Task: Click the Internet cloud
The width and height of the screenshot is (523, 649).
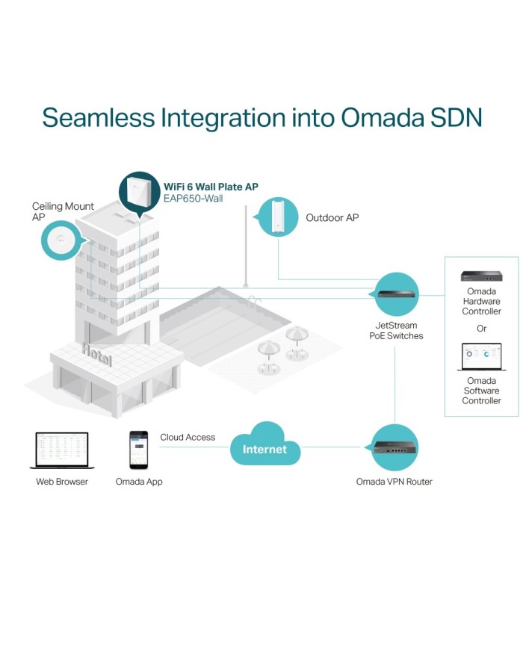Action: (x=264, y=449)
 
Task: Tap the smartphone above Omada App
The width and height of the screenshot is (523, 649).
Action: (x=138, y=450)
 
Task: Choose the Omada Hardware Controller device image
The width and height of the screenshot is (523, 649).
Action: (x=481, y=276)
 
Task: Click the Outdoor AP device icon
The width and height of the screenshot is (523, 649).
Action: (x=278, y=217)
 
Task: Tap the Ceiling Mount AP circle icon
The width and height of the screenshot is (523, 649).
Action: (x=60, y=239)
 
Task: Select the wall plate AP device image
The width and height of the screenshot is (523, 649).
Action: (x=139, y=190)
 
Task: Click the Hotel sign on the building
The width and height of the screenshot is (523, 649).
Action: (x=97, y=355)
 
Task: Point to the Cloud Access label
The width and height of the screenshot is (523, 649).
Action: (x=188, y=438)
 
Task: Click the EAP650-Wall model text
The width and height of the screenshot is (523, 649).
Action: (x=193, y=199)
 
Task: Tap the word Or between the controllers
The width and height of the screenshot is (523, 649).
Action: (x=481, y=329)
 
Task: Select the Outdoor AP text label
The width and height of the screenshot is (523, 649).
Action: (x=332, y=218)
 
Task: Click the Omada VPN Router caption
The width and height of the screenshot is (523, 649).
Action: (x=394, y=482)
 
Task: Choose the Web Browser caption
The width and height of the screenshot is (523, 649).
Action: (x=62, y=482)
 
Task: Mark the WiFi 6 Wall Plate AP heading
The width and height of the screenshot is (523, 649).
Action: (x=211, y=186)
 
